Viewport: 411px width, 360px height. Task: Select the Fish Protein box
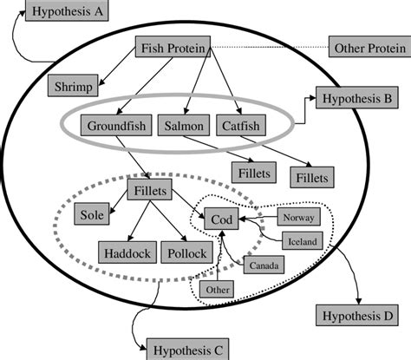pos(173,49)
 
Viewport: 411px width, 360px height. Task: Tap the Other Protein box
pos(369,47)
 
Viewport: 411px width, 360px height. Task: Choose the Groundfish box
pos(116,127)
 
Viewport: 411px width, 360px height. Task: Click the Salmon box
pos(183,127)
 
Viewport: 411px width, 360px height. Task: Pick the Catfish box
pos(238,127)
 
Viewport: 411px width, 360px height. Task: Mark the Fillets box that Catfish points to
pos(312,177)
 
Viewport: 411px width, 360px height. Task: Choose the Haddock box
pos(127,252)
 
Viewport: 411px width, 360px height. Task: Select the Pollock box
pos(184,252)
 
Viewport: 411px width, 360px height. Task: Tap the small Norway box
pos(298,217)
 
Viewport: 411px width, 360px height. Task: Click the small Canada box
pos(262,265)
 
